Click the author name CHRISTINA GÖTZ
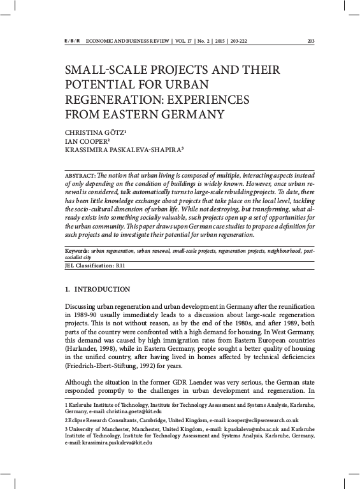coord(94,132)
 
